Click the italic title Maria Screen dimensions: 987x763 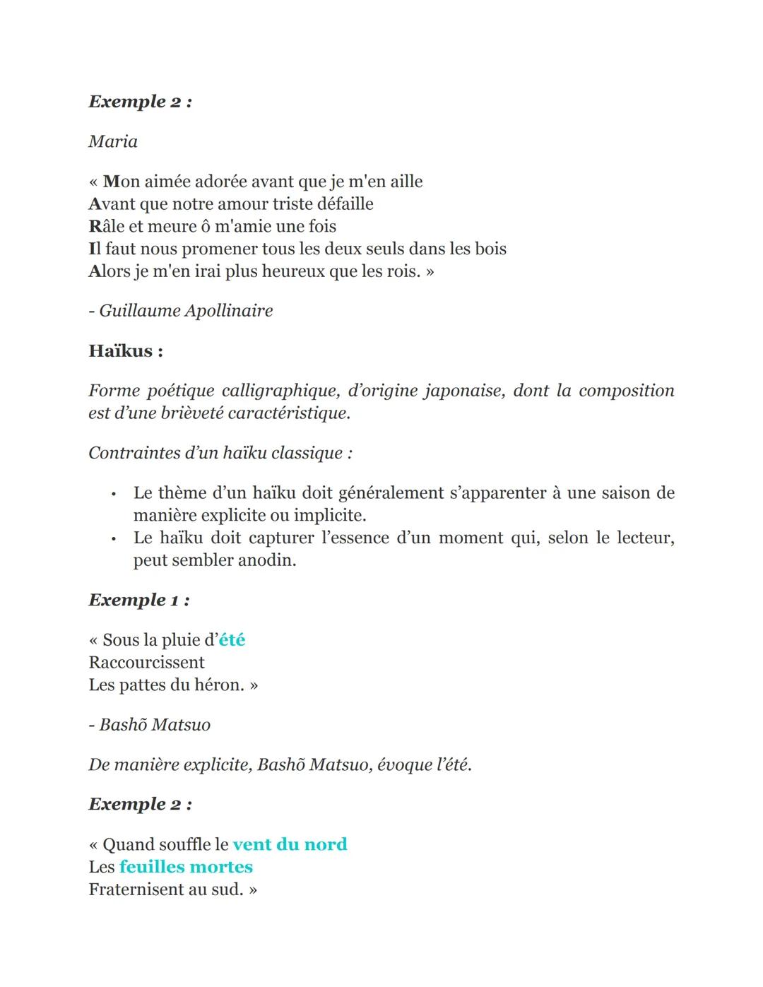[113, 142]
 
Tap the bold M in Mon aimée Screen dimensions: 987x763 [111, 182]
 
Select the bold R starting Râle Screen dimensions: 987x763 [96, 227]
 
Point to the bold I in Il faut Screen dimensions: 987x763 [92, 249]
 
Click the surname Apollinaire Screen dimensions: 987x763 [229, 311]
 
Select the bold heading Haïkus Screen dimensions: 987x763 [126, 351]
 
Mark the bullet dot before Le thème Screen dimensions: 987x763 [113, 493]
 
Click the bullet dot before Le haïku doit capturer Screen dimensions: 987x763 [113, 538]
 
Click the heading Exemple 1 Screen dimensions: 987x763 [138, 601]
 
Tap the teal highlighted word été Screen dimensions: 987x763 [232, 640]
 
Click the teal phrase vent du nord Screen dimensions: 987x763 [290, 844]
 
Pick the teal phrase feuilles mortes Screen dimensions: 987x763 [186, 867]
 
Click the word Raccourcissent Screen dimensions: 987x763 [146, 663]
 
